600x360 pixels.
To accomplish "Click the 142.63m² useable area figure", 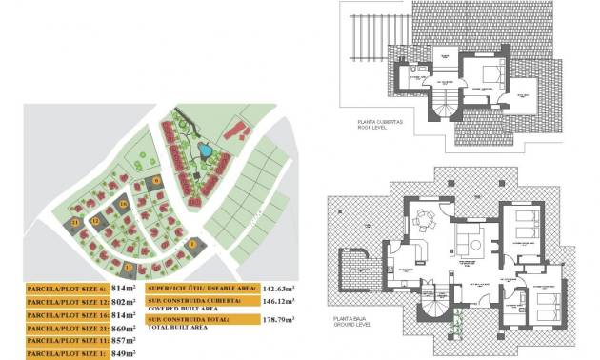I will (x=278, y=287).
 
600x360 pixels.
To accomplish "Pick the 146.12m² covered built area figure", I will (x=278, y=300).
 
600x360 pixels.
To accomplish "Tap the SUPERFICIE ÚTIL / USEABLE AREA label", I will (x=201, y=287).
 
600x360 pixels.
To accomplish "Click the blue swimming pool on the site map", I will (x=204, y=150).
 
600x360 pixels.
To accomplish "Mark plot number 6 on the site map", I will (x=156, y=179).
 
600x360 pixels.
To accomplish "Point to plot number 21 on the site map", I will (x=75, y=222).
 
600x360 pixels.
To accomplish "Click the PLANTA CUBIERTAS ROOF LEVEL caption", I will (x=380, y=124).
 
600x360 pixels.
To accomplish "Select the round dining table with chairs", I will (x=425, y=225).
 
